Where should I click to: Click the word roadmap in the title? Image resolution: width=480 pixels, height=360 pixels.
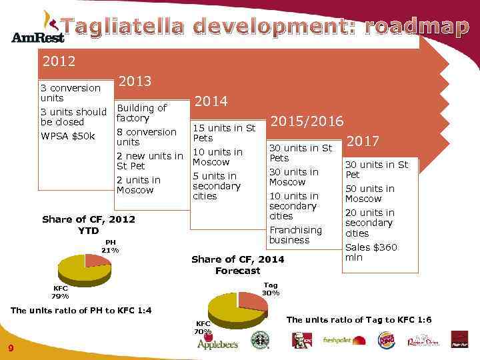click(416, 27)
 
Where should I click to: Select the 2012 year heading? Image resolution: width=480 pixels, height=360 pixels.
click(59, 62)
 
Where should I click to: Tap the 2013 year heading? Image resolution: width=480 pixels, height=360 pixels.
click(135, 81)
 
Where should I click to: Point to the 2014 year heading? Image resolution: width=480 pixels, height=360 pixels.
click(211, 101)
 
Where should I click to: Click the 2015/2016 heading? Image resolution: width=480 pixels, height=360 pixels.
click(307, 121)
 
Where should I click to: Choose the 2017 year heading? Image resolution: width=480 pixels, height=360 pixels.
click(363, 141)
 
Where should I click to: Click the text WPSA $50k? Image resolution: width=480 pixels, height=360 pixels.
click(68, 137)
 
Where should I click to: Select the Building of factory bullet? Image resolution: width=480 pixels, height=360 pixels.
click(141, 113)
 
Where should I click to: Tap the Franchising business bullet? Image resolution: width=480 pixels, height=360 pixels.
click(295, 235)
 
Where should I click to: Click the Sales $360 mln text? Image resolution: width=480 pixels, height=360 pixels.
click(371, 252)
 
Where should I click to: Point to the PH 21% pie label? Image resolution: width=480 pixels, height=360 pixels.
click(110, 246)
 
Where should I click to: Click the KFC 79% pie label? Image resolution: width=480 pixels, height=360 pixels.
click(60, 292)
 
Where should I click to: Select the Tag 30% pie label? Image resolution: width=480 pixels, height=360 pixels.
click(271, 289)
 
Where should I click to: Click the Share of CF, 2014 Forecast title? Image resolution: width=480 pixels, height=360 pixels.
click(237, 265)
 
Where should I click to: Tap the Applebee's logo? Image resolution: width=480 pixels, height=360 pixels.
click(217, 343)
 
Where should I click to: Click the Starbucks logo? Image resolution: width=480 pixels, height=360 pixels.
click(259, 341)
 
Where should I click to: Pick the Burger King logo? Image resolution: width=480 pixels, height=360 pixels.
click(387, 340)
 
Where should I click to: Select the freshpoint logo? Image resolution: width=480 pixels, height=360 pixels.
click(344, 340)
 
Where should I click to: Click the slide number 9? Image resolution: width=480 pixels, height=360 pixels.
click(11, 348)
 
